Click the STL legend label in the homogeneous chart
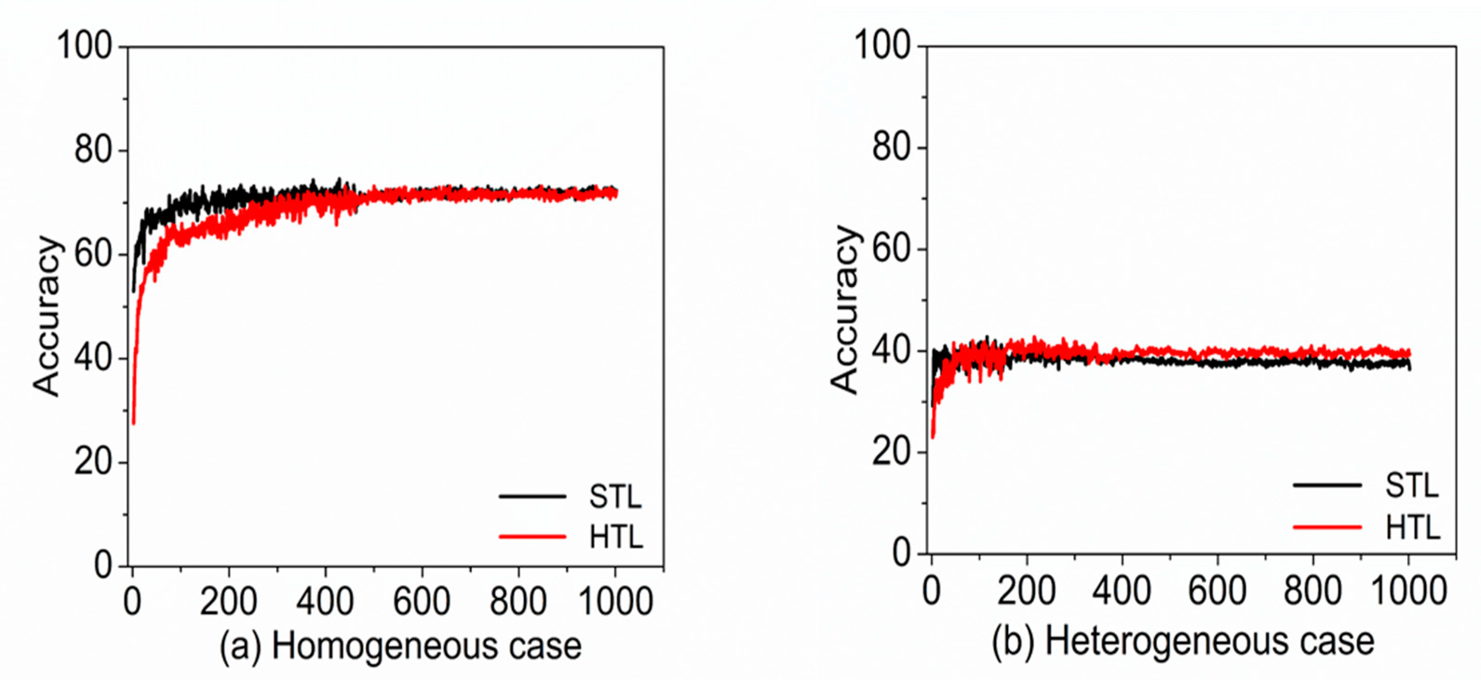click(x=614, y=497)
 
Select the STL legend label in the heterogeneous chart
click(x=1412, y=486)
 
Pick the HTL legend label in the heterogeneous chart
click(x=1413, y=527)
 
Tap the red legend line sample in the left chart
click(x=532, y=537)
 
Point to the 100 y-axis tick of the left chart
click(x=84, y=46)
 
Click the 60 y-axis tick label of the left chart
click(x=92, y=254)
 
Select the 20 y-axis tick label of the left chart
click(x=92, y=462)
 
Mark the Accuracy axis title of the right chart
click(x=845, y=310)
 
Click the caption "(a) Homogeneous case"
click(x=401, y=646)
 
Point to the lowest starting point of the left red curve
click(x=134, y=423)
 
